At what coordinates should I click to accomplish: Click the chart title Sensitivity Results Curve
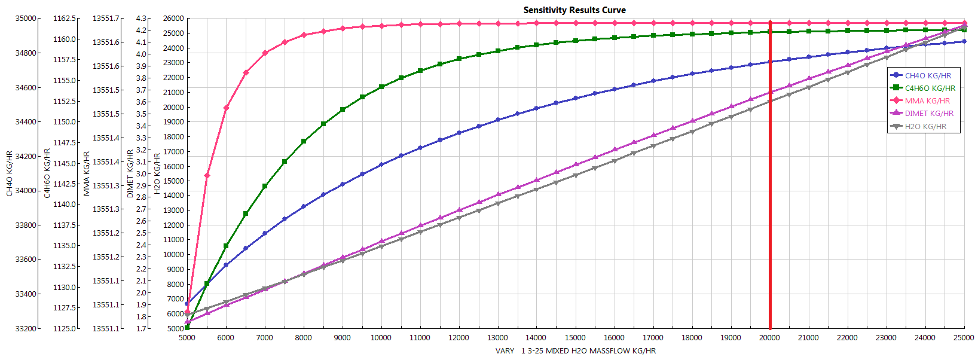tap(574, 10)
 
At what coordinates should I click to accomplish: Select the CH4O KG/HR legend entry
tap(927, 76)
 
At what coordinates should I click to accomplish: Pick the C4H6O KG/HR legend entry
tap(930, 89)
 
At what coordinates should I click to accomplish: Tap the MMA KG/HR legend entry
tap(927, 101)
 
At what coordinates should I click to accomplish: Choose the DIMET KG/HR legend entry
tap(929, 114)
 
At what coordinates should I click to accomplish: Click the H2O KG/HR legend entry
tap(925, 127)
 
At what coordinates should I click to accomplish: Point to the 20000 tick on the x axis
tap(769, 338)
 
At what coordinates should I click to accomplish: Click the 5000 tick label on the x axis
tap(187, 338)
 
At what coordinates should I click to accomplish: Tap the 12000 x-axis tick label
tap(459, 338)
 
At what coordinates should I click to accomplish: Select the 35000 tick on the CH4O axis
tap(26, 19)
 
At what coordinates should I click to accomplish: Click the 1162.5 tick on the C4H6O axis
tap(65, 19)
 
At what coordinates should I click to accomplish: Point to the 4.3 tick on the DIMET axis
tap(141, 19)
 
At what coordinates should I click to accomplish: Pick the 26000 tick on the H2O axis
tap(173, 19)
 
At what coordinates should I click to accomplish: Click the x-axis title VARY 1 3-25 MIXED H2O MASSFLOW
tap(575, 351)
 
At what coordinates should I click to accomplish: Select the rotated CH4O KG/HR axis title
tap(10, 173)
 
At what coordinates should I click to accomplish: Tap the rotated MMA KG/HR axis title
tap(87, 173)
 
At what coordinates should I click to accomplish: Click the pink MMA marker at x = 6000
tap(226, 108)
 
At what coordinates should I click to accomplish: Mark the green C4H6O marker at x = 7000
tap(265, 187)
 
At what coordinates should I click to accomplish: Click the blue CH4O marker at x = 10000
tap(381, 164)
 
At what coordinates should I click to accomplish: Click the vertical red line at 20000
tap(770, 179)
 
